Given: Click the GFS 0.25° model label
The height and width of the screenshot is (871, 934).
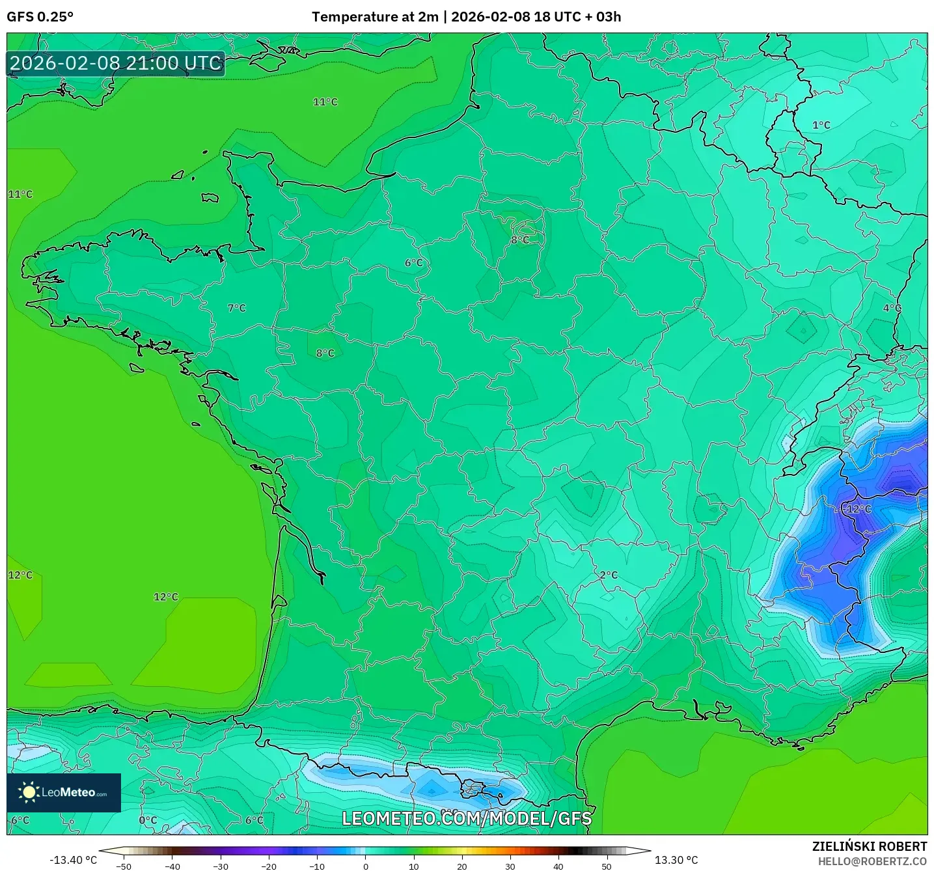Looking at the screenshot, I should tap(40, 17).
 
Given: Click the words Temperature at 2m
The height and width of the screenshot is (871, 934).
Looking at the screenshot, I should tap(375, 17).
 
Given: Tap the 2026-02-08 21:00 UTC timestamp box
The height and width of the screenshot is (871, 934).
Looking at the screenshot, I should tap(116, 63).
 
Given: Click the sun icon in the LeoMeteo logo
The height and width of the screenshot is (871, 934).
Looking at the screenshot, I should tap(29, 792).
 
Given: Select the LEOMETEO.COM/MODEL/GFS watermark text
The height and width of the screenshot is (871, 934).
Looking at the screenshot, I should tap(467, 818).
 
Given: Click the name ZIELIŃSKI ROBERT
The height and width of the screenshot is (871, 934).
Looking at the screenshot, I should tap(869, 846).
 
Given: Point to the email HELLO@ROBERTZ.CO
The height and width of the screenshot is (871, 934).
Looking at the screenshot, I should tap(872, 861).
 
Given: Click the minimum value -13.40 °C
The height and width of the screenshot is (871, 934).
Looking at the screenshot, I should tap(73, 860).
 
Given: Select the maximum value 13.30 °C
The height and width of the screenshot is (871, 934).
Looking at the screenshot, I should tap(676, 860).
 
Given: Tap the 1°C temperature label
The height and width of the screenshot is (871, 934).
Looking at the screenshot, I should tap(821, 125).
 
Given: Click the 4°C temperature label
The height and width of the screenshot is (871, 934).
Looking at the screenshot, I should tap(892, 308).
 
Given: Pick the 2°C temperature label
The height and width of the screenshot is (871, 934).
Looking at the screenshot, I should tap(609, 575).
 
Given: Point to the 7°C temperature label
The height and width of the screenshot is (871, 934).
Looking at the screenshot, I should tap(237, 308).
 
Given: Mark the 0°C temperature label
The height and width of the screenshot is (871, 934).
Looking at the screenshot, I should tap(148, 820).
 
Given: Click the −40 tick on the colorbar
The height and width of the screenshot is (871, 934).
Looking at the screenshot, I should tap(172, 866).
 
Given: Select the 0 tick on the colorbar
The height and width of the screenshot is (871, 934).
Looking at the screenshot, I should tap(366, 866).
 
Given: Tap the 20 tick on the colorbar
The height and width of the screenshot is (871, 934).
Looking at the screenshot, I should tap(462, 866).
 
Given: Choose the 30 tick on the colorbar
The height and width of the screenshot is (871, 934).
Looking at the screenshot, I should tap(510, 866).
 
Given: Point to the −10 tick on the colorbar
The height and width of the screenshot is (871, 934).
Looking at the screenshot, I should tap(317, 866).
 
